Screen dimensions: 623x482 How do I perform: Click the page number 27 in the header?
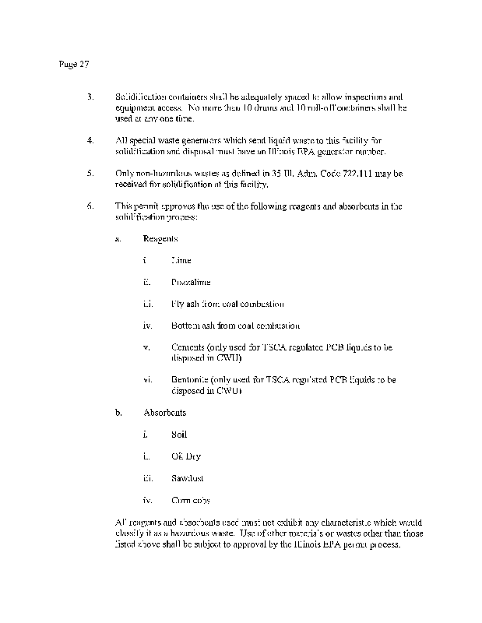pyautogui.click(x=84, y=65)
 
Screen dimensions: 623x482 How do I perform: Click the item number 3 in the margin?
pyautogui.click(x=90, y=97)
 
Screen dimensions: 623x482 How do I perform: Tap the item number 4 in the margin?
pyautogui.click(x=90, y=140)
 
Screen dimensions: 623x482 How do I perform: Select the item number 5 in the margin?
pyautogui.click(x=90, y=173)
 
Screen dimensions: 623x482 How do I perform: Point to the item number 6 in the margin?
pyautogui.click(x=90, y=206)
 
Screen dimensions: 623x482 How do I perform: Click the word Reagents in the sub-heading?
pyautogui.click(x=160, y=238)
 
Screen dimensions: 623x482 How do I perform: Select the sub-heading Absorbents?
pyautogui.click(x=164, y=412)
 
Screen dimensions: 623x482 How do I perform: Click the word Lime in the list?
pyautogui.click(x=181, y=260)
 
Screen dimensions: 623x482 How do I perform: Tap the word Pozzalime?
pyautogui.click(x=191, y=282)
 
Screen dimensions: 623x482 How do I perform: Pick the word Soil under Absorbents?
pyautogui.click(x=179, y=434)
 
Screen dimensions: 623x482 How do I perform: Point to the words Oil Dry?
pyautogui.click(x=185, y=456)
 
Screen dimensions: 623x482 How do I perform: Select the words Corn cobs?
pyautogui.click(x=190, y=500)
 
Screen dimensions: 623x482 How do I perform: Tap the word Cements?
pyautogui.click(x=189, y=347)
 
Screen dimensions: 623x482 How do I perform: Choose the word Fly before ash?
pyautogui.click(x=178, y=304)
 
